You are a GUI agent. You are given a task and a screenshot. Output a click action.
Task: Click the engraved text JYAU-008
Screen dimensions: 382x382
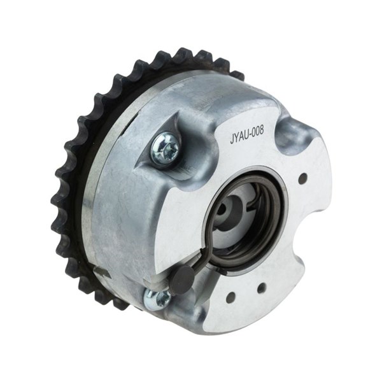246,135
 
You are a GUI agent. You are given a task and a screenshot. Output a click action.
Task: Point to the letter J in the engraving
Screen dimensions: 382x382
232,141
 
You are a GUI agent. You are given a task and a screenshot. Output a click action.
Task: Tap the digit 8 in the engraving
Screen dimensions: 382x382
261,130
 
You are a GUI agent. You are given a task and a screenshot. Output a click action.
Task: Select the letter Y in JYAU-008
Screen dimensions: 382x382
236,139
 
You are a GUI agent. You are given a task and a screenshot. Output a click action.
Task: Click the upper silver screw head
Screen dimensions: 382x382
165,148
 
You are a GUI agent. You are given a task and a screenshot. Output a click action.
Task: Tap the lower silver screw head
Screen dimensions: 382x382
157,299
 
